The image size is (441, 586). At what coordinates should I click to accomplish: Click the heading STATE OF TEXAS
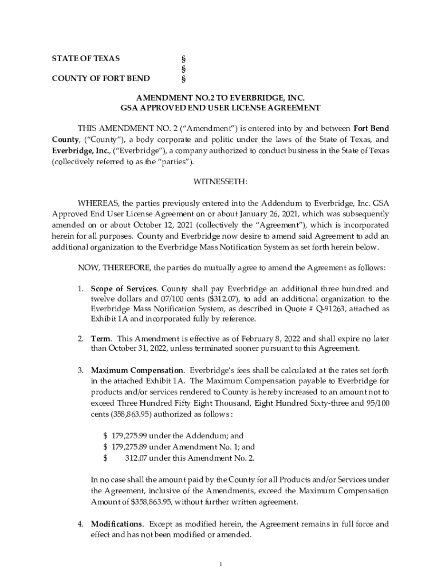(x=86, y=59)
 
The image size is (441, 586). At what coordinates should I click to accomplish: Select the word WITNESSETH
(x=220, y=181)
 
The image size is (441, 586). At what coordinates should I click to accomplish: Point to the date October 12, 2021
(x=139, y=225)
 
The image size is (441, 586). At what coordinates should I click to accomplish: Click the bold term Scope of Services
(x=123, y=288)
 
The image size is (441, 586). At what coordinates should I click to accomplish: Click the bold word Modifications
(x=117, y=524)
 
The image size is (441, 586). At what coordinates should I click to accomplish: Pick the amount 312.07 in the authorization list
(x=136, y=457)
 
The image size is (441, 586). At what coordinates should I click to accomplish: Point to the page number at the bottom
(x=220, y=565)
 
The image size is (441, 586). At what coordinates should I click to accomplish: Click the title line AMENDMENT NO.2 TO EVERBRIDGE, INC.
(x=220, y=98)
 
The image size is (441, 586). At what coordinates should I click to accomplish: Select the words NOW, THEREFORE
(x=114, y=267)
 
